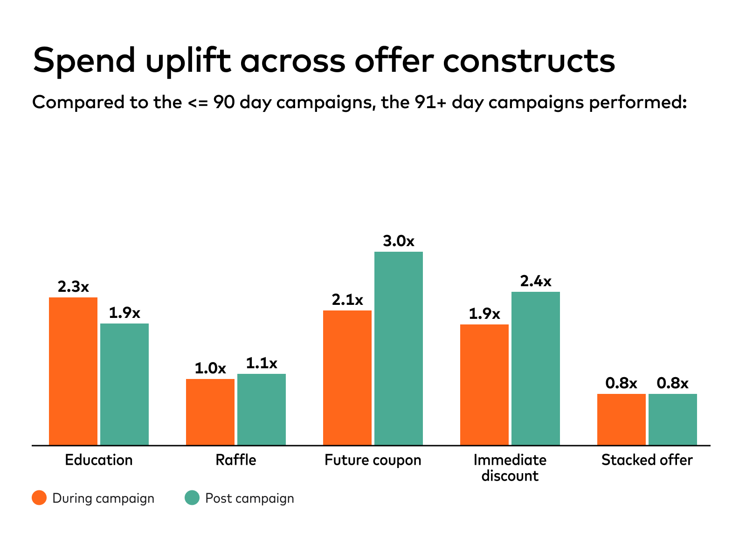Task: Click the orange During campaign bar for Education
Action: [73, 371]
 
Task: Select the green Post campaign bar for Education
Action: [124, 384]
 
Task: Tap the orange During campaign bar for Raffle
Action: [210, 412]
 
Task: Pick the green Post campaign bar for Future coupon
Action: [399, 348]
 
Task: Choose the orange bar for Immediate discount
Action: [484, 385]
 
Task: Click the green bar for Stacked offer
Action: [673, 420]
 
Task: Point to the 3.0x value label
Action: [399, 241]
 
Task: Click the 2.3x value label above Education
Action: [73, 287]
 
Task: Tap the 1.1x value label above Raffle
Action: [262, 363]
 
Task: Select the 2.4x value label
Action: [536, 281]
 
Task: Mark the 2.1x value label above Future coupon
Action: [347, 300]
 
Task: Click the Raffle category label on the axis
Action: [236, 460]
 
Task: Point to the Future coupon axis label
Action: [373, 460]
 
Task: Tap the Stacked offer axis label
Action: [647, 460]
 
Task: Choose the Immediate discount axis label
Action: [510, 468]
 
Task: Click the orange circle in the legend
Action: [39, 498]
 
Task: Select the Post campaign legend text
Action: [249, 498]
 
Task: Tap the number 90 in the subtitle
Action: [224, 102]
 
